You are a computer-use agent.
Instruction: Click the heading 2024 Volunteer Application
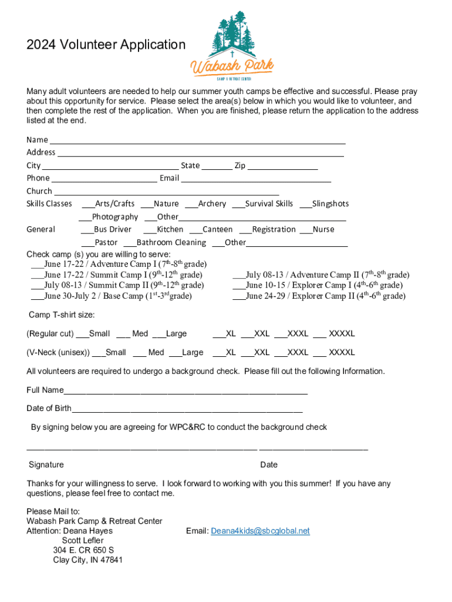pyautogui.click(x=106, y=45)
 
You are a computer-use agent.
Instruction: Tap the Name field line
pyautogui.click(x=197, y=141)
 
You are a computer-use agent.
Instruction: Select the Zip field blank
pyautogui.click(x=282, y=166)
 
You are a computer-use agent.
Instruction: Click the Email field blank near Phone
pyautogui.click(x=256, y=179)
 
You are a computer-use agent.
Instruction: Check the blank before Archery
pyautogui.click(x=191, y=205)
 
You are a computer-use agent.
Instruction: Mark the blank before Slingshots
pyautogui.click(x=305, y=205)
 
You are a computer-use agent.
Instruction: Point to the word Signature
pyautogui.click(x=46, y=464)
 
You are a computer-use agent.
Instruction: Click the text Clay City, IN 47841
pyautogui.click(x=87, y=560)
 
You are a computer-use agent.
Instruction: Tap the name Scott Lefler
pyautogui.click(x=83, y=540)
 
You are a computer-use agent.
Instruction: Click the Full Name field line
pyautogui.click(x=185, y=392)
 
